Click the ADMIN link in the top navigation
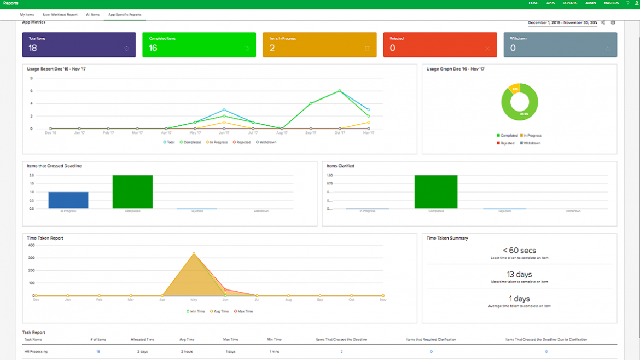(590, 3)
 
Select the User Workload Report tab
(60, 15)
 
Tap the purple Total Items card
(79, 45)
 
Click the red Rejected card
(440, 45)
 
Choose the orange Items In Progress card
(319, 45)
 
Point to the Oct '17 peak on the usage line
(340, 91)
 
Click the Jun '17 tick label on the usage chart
(224, 133)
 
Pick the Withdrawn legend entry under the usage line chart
(267, 142)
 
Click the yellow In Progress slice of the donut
(514, 88)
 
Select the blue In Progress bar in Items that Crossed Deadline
(68, 200)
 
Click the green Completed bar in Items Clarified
(436, 192)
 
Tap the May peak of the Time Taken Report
(194, 253)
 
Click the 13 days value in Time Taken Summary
(519, 275)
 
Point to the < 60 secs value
(519, 251)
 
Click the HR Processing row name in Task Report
(36, 352)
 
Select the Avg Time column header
(187, 340)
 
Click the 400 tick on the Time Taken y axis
(32, 245)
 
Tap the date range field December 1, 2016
(562, 23)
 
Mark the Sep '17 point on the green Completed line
(311, 103)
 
